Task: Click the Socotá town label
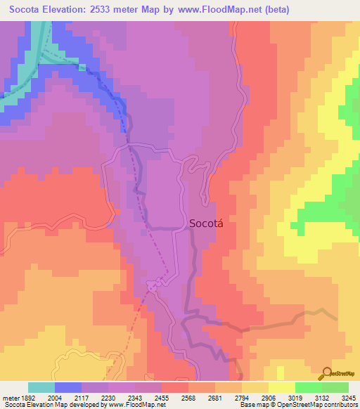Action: (x=208, y=223)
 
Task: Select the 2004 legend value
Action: (x=55, y=397)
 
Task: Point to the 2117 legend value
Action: (x=82, y=397)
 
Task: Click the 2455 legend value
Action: (x=162, y=397)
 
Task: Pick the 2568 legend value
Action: (x=188, y=397)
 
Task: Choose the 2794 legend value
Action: (x=242, y=397)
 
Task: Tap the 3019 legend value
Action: (x=295, y=397)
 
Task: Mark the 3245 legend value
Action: (x=348, y=397)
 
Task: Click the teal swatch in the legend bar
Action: (x=41, y=387)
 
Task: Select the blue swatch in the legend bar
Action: (x=68, y=387)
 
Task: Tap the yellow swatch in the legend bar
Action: (x=282, y=387)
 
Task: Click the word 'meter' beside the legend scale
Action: (x=10, y=397)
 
